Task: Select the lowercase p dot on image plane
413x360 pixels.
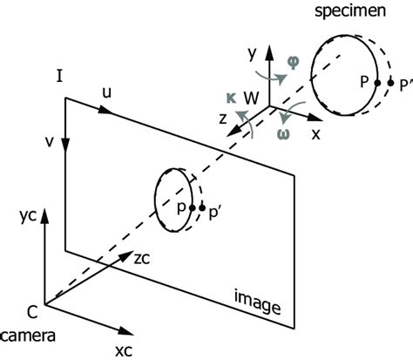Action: point(192,208)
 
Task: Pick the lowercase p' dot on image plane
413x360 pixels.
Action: point(202,208)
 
